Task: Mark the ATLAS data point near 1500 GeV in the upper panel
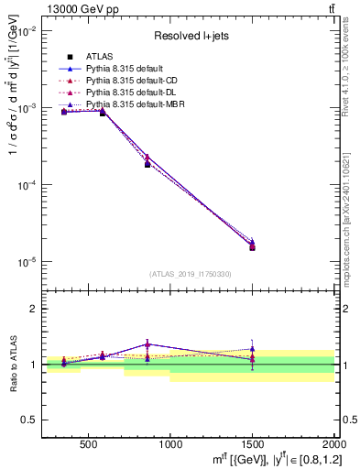(x=252, y=247)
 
